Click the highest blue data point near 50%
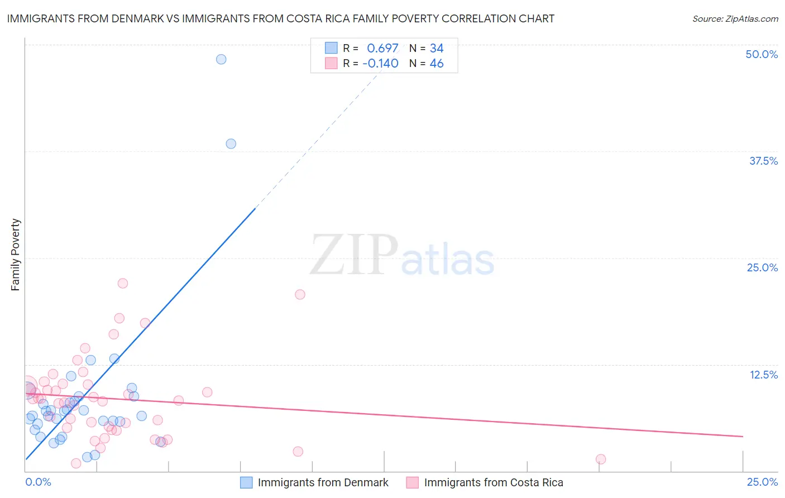221,59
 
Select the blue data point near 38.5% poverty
231,143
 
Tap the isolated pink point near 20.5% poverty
300,294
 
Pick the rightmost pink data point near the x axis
601,459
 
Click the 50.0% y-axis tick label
762,54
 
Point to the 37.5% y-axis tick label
763,161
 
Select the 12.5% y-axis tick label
763,375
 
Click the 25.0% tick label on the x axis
762,482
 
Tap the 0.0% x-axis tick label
38,482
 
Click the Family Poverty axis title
16,255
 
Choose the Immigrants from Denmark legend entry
314,482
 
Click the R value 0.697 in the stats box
382,49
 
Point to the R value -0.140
380,64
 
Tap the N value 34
437,49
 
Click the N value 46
437,64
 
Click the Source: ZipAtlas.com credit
735,19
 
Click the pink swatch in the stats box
331,63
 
